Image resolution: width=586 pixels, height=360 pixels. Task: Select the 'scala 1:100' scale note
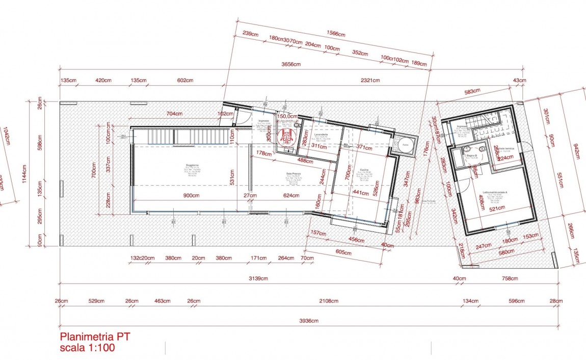coord(87,348)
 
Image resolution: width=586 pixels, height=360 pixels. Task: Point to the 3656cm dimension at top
coord(291,65)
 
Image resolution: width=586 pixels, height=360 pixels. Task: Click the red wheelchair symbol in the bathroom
coord(286,136)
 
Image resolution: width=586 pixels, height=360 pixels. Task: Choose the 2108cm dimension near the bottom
coord(329,301)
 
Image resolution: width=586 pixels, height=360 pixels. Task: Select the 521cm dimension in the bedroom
coord(496,208)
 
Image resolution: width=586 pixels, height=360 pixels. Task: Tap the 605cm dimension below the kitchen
coord(344,252)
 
